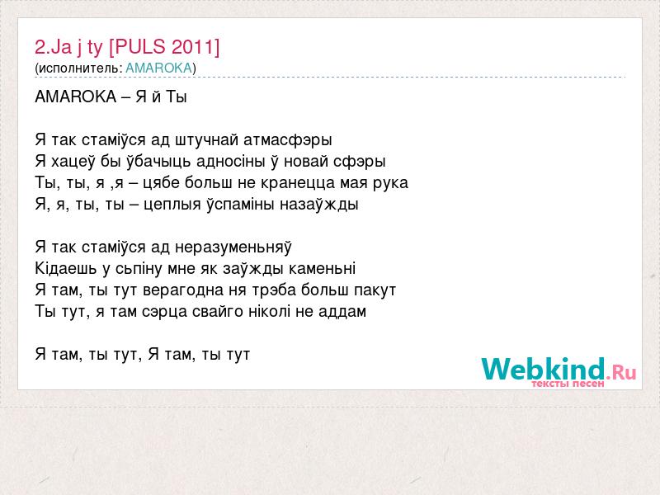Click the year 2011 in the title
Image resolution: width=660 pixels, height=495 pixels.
click(193, 47)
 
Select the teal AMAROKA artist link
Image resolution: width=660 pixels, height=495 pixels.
click(158, 68)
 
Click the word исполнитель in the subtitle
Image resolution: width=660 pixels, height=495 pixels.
click(78, 68)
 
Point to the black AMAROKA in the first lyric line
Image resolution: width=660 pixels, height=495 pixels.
click(75, 97)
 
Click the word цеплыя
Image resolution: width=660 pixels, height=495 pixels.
click(172, 205)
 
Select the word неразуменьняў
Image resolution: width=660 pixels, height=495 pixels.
click(233, 247)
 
